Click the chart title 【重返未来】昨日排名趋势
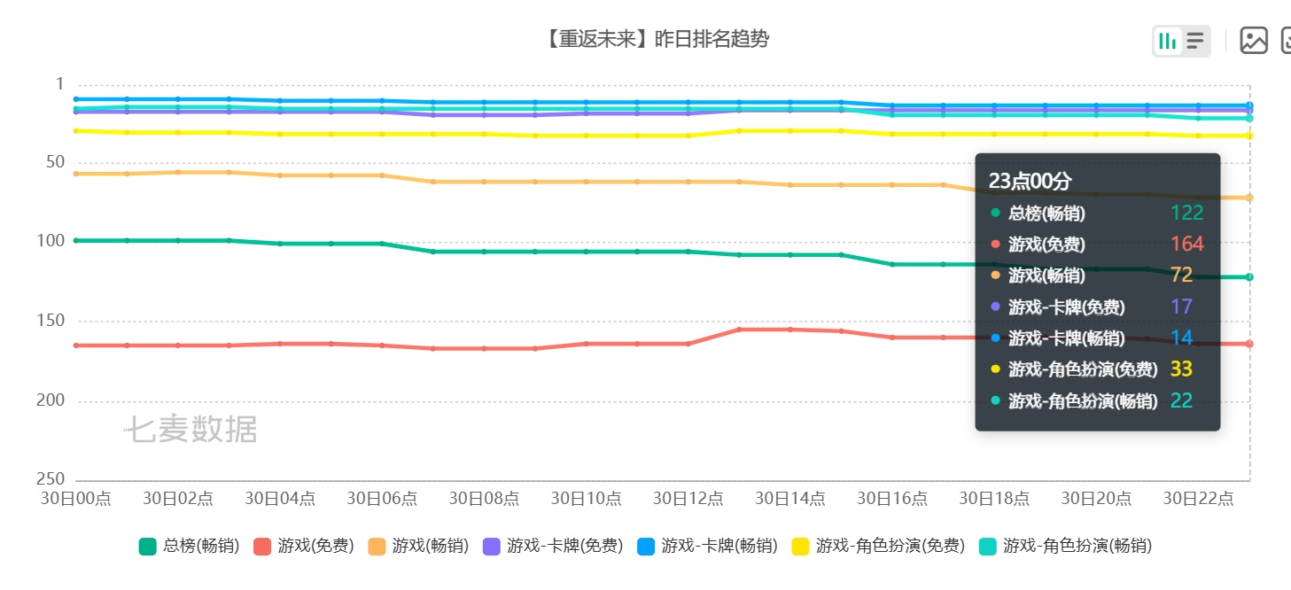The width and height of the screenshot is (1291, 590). (x=657, y=39)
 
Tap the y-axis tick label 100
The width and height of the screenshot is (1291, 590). (x=51, y=240)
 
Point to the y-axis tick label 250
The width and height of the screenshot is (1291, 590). (x=51, y=478)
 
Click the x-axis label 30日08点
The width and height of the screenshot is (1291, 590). (x=484, y=498)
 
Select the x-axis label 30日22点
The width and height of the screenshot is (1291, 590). (x=1198, y=498)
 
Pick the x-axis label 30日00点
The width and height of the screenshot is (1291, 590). (x=75, y=498)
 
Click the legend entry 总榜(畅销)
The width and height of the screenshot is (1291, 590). (x=189, y=546)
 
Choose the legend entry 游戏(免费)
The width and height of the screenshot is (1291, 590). (x=304, y=546)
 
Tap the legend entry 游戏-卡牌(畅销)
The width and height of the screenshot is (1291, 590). (x=707, y=546)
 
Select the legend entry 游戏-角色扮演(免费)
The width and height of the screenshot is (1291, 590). (x=878, y=546)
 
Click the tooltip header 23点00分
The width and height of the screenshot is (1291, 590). (x=1030, y=181)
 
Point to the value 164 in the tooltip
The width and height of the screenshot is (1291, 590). (x=1186, y=244)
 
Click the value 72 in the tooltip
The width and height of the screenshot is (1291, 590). (x=1181, y=275)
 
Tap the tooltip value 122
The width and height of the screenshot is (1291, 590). (x=1186, y=213)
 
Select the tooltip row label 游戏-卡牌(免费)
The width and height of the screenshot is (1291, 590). (x=1066, y=307)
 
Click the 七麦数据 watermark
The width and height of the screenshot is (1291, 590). (x=191, y=429)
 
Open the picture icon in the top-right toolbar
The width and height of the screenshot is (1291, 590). (x=1254, y=41)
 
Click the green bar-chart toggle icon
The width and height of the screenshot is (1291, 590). (x=1167, y=41)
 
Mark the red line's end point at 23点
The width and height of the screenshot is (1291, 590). (x=1249, y=344)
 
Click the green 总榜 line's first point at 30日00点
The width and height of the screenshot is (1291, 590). (x=76, y=240)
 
